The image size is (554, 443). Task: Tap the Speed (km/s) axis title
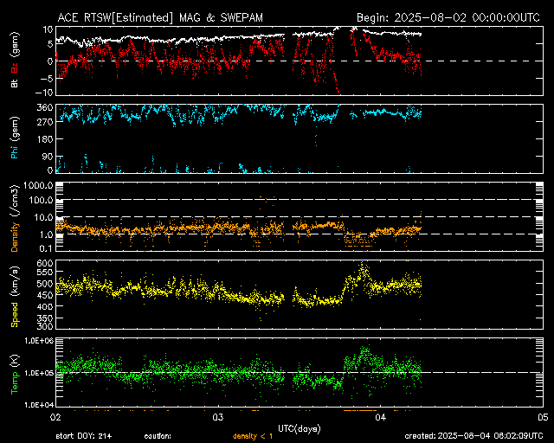pos(14,296)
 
